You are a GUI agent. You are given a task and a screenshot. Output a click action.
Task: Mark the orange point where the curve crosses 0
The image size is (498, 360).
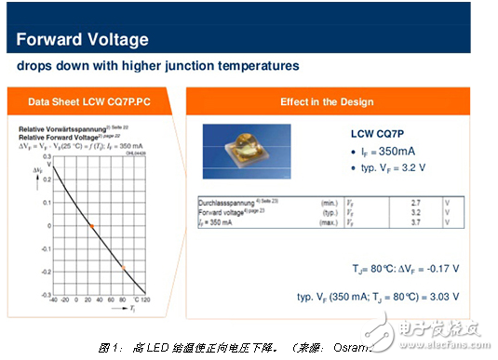click(x=91, y=226)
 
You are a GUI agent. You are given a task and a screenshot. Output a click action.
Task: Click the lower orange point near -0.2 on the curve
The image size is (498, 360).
click(x=123, y=270)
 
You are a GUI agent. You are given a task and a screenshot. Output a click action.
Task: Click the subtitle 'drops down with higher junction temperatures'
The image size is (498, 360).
click(x=157, y=66)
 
